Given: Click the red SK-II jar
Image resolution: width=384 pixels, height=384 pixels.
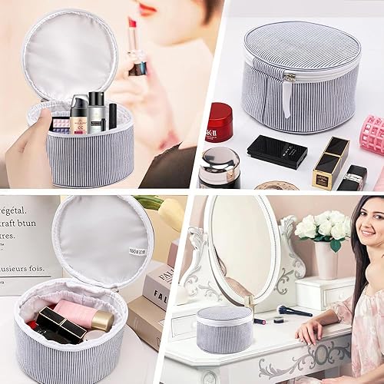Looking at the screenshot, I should pyautogui.click(x=219, y=122).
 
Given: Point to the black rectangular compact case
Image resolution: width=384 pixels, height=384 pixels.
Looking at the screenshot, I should pyautogui.click(x=276, y=151).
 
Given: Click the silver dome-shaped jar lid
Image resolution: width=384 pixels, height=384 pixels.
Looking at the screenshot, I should pyautogui.click(x=220, y=159).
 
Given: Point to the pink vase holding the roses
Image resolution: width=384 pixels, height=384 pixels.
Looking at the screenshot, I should pyautogui.click(x=327, y=260).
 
